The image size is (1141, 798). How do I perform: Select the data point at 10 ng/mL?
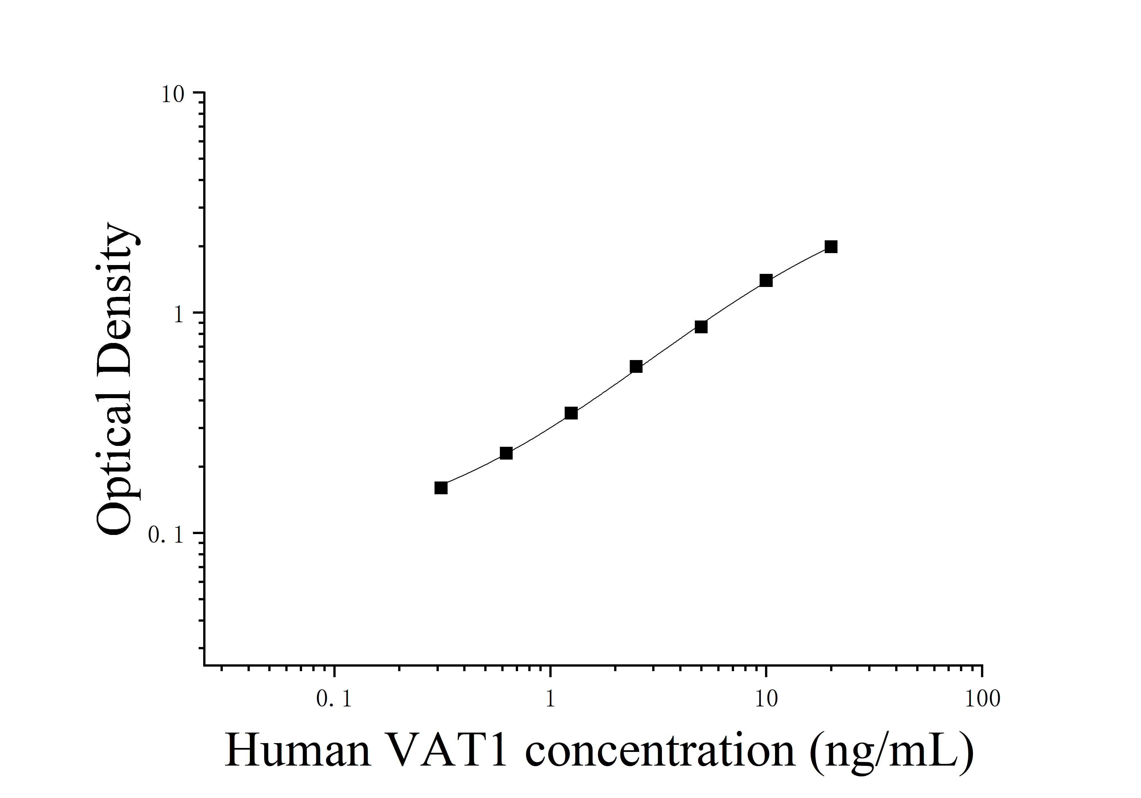[766, 280]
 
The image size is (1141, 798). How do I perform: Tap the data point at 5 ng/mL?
[701, 327]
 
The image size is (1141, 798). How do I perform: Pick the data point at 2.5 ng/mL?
[636, 366]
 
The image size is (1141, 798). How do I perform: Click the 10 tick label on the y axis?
[172, 94]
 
